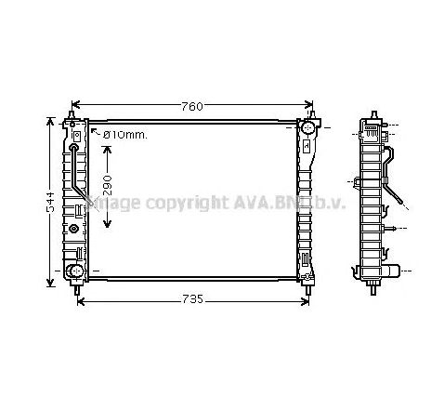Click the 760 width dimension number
coord(191,105)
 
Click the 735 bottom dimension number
coord(191,299)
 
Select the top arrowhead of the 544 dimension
coord(49,122)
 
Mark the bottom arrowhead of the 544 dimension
coord(49,284)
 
